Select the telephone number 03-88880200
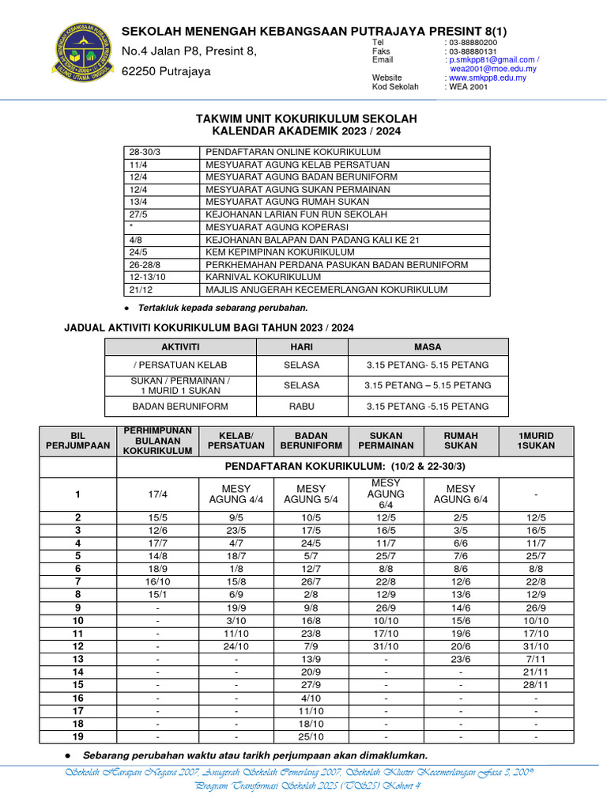pos(473,42)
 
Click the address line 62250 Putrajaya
pos(166,71)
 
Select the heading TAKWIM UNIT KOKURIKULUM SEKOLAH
pos(306,119)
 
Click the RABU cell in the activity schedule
pos(302,407)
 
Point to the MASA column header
pos(428,346)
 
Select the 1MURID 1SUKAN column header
pos(536,441)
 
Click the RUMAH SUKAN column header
pos(461,441)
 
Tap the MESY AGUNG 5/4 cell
pos(311,494)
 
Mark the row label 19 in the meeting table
pos(77,736)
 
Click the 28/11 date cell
pos(536,684)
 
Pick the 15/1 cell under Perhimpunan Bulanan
pos(156,594)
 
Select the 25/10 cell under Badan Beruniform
pos(311,736)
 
